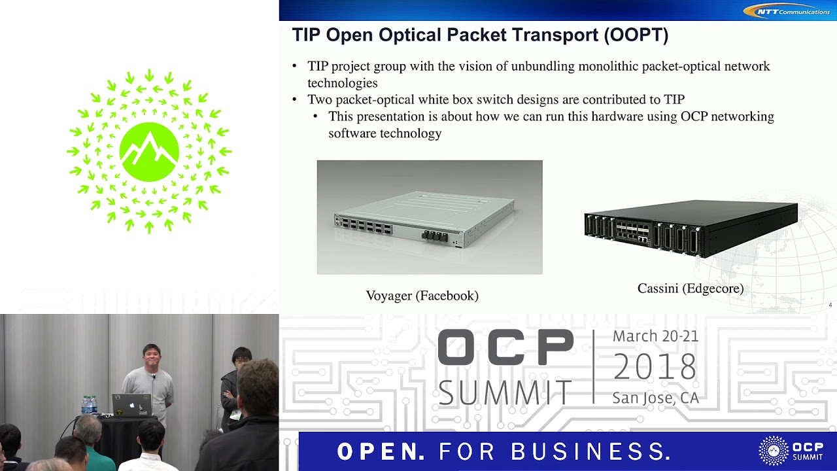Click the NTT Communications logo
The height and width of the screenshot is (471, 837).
(x=790, y=10)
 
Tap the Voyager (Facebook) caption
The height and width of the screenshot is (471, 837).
(x=422, y=296)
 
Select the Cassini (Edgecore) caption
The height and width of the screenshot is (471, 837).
(x=691, y=288)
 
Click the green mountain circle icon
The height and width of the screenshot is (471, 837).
(x=149, y=152)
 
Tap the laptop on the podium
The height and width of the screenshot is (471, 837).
(x=131, y=405)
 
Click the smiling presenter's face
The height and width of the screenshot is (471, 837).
(x=150, y=357)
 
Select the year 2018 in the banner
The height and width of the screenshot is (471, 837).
(x=655, y=367)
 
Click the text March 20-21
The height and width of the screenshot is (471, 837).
(x=655, y=336)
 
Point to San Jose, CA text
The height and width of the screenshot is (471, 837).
(x=655, y=397)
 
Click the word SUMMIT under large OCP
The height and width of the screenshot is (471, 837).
(x=505, y=392)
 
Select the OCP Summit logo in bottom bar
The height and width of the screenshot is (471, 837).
(x=791, y=451)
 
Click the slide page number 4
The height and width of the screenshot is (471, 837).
(x=830, y=305)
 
